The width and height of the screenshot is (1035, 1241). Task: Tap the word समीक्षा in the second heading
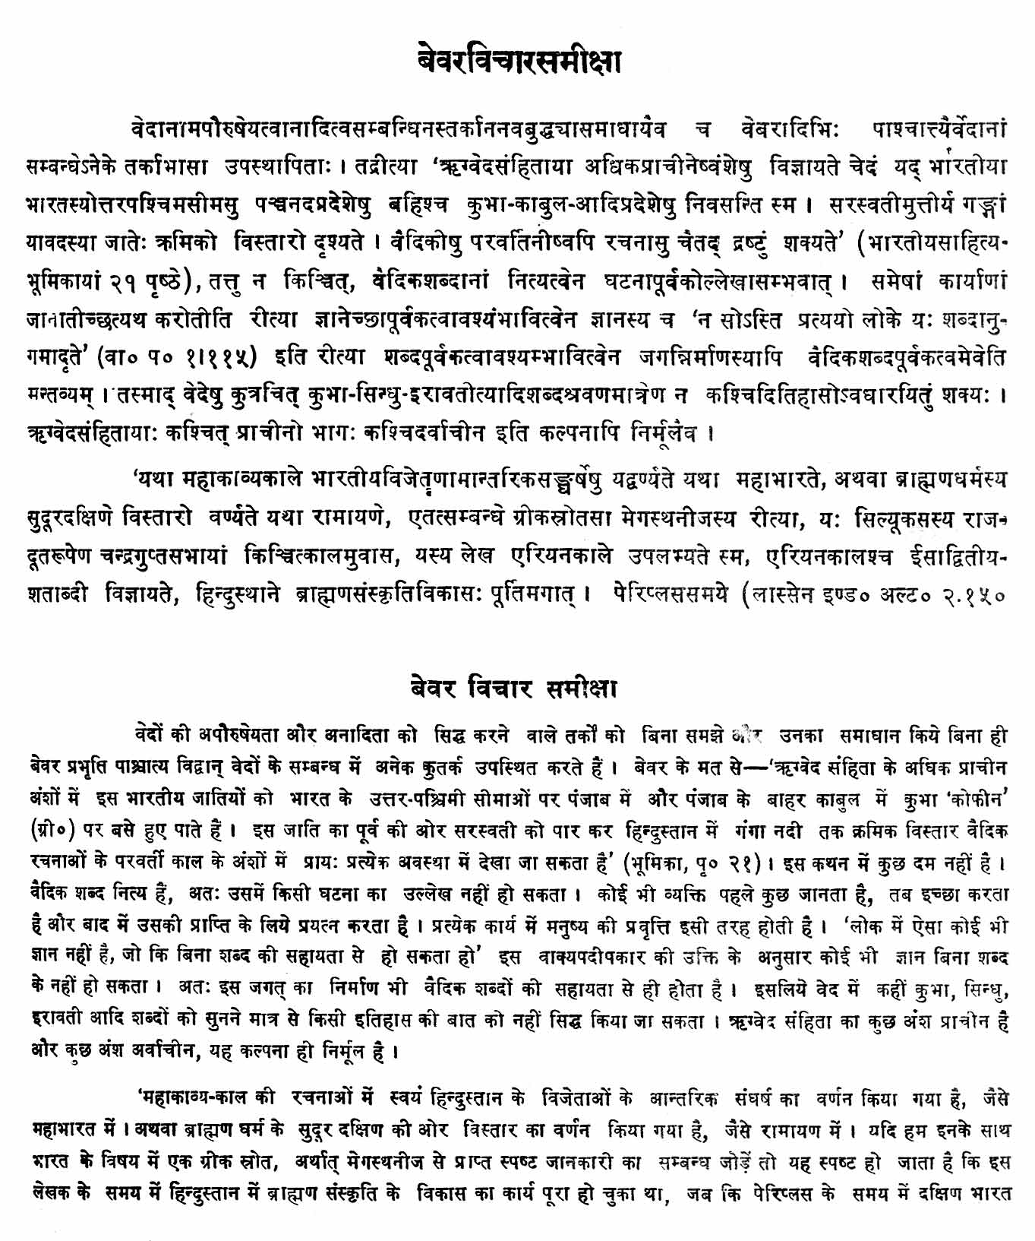(x=582, y=689)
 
